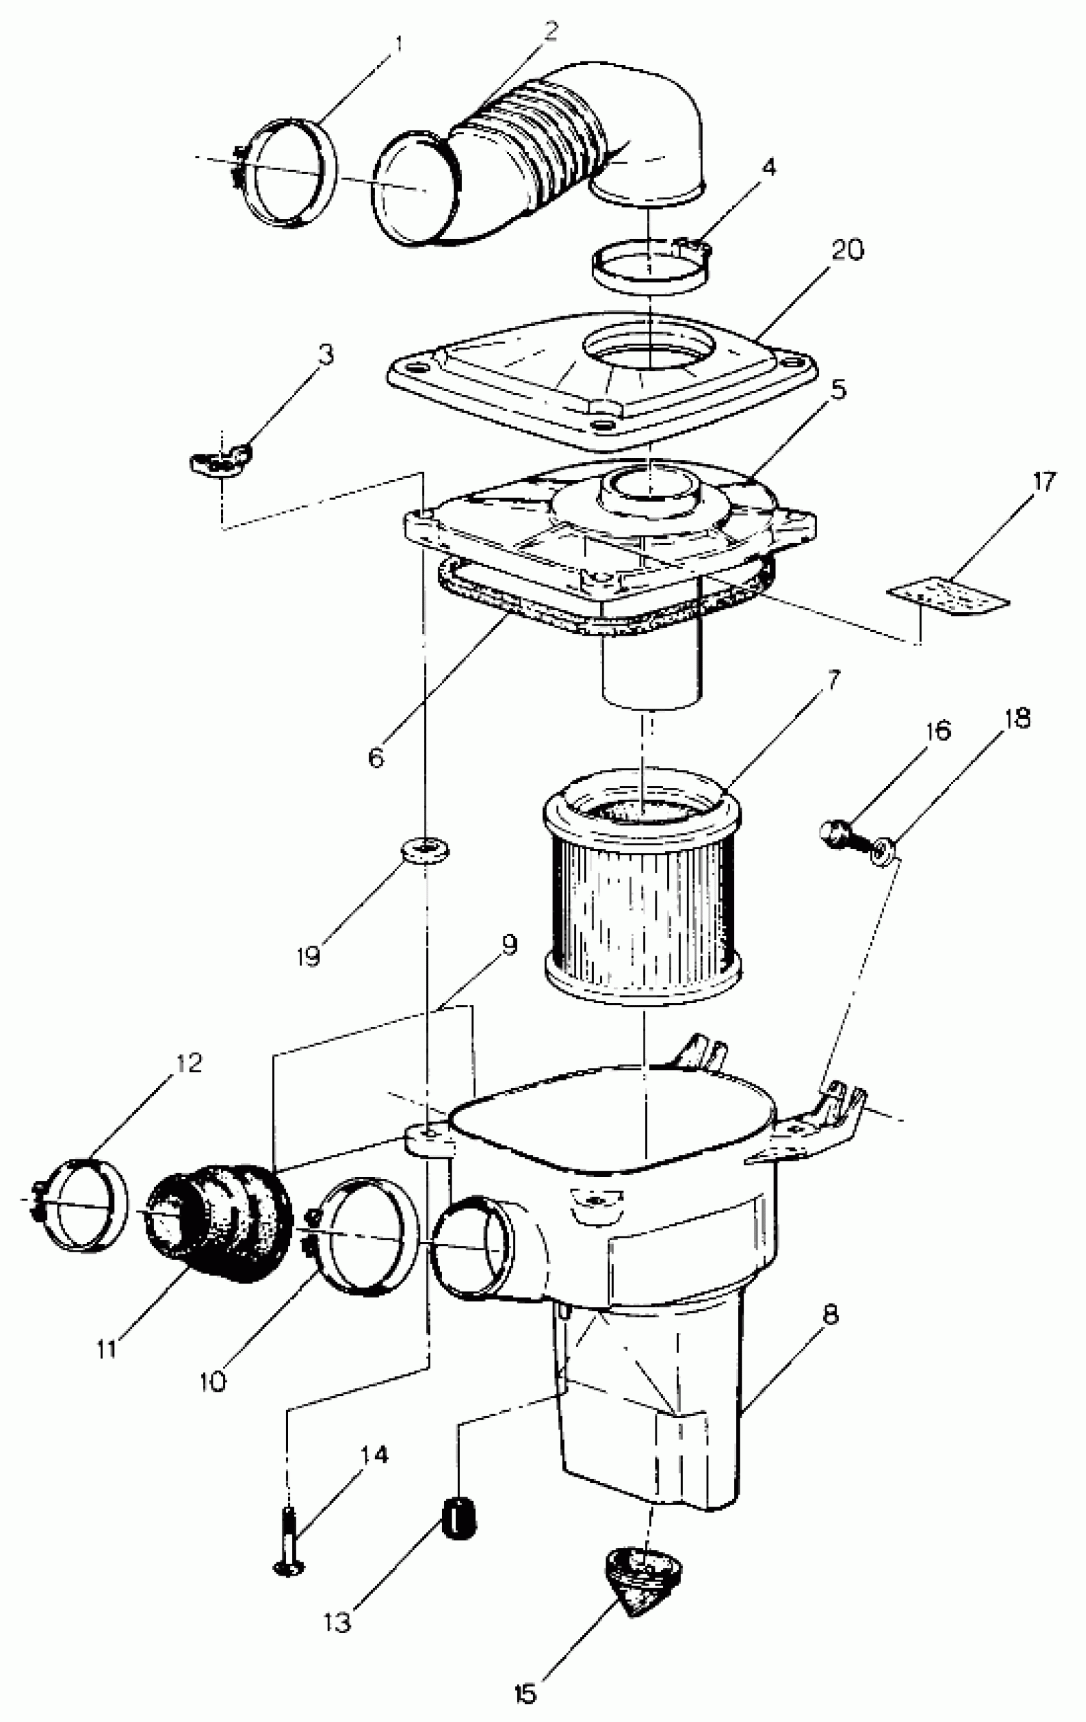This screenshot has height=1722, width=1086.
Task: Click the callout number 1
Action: (x=397, y=44)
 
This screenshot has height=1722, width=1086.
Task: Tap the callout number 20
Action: (x=847, y=250)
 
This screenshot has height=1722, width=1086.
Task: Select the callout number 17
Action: (x=1044, y=482)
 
